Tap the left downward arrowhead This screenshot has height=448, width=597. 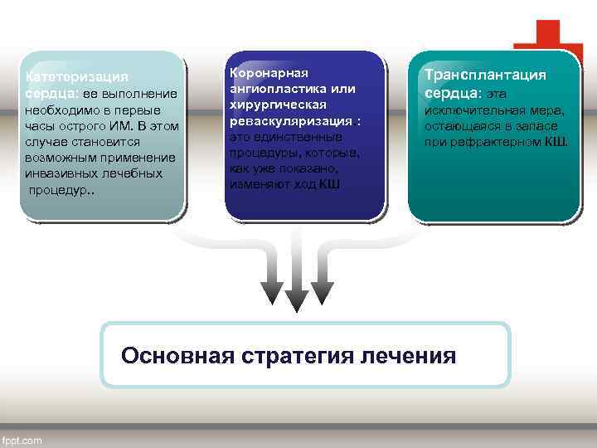coord(271,292)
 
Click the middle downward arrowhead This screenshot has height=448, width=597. coord(296,300)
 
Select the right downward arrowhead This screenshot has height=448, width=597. coord(322,292)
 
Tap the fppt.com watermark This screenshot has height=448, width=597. coord(22,441)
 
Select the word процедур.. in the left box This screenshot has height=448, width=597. coord(62,189)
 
